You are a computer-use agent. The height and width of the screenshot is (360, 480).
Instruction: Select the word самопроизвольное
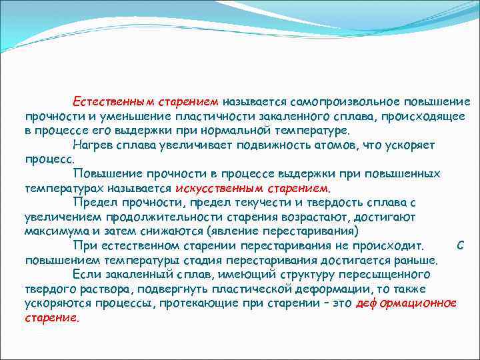point(331,102)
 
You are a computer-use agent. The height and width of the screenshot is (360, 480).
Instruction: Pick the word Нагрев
point(93,145)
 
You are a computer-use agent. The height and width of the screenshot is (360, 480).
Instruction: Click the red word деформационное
point(407,303)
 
